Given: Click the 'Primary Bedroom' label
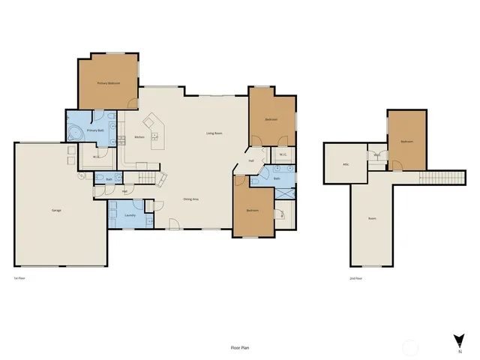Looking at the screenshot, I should coord(109,83).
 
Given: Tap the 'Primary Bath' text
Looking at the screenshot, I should coord(95,130).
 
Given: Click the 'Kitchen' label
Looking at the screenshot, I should coord(139,137).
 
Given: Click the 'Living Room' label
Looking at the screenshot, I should coord(214,133).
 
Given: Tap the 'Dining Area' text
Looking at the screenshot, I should coord(190,199).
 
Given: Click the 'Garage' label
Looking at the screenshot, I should coord(56,210).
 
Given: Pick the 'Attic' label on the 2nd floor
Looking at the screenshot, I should coord(346,164).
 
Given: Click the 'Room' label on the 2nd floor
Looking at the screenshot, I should coord(371,219).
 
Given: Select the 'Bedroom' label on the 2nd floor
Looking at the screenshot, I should coord(406,141).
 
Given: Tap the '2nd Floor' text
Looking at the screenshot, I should coord(355,278).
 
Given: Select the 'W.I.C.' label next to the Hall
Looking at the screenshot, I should coord(283,155).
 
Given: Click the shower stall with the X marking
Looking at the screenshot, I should coord(285,192).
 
